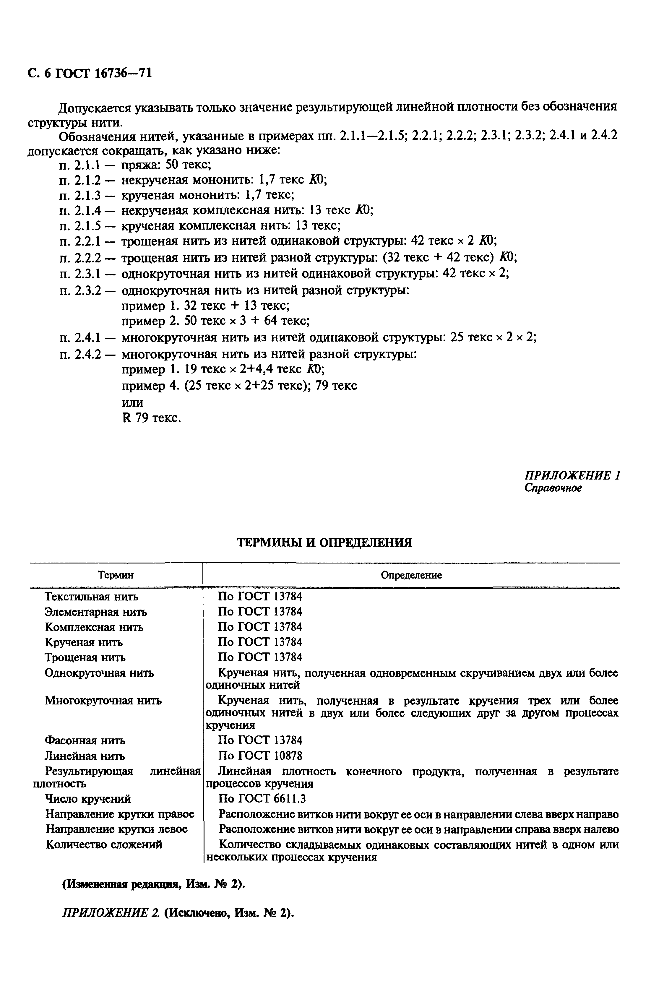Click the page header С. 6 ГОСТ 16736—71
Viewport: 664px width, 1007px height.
89,74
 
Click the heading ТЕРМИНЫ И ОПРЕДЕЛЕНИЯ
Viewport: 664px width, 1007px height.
324,543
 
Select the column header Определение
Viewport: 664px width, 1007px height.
411,575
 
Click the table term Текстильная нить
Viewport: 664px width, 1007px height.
92,597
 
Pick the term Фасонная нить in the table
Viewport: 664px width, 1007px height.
85,741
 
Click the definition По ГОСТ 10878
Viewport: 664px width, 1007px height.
260,756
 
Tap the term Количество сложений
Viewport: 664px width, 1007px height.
104,844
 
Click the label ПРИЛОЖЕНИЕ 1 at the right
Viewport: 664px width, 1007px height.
572,475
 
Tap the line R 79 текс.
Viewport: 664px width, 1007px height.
151,418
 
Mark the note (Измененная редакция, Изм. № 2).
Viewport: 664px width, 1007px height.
154,885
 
